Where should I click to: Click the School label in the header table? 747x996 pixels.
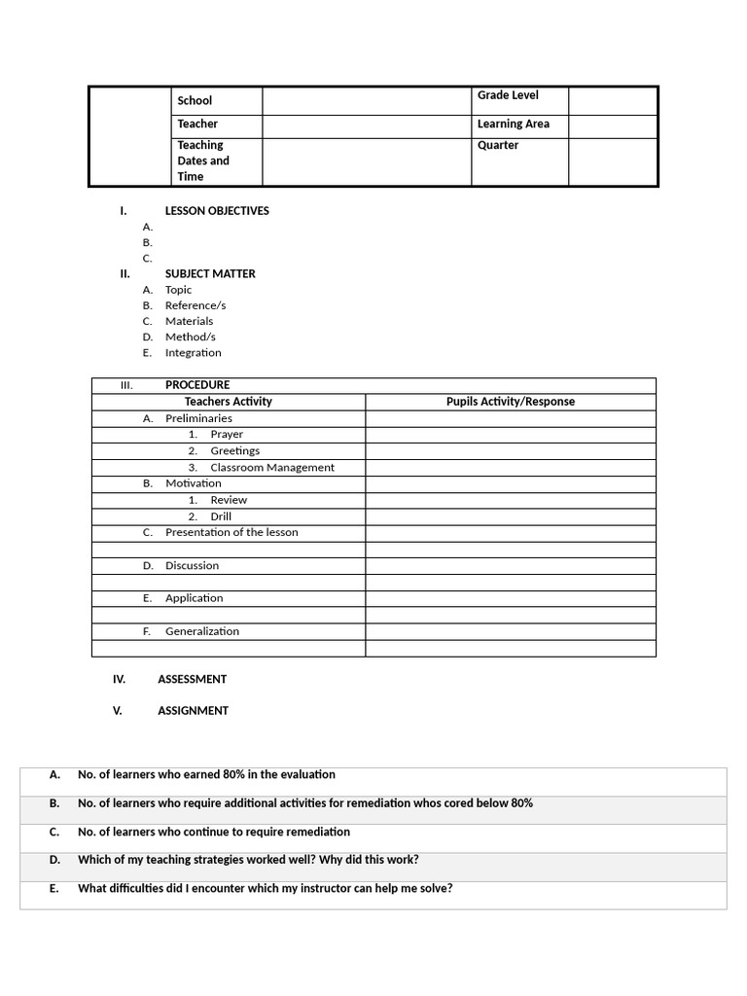(x=195, y=101)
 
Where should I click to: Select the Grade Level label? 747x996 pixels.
(x=508, y=95)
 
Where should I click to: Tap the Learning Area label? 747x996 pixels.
(x=513, y=124)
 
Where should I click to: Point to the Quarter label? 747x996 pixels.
(x=498, y=146)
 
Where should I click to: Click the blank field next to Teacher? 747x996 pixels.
(x=366, y=125)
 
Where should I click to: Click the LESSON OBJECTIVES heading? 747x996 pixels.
(x=217, y=211)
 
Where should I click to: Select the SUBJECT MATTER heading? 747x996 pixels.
(x=210, y=274)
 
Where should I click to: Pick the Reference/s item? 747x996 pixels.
(x=196, y=305)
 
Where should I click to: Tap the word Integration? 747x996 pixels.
(x=194, y=353)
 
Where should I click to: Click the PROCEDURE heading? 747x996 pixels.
(x=197, y=385)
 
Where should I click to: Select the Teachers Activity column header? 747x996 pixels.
(x=229, y=402)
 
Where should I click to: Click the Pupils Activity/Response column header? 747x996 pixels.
(x=511, y=402)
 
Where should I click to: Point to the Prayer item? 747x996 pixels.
(x=227, y=435)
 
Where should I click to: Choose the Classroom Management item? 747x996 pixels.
(x=272, y=468)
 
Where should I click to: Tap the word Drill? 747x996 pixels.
(x=221, y=516)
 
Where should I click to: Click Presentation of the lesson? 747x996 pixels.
(x=231, y=533)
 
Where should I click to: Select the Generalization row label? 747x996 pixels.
(x=202, y=631)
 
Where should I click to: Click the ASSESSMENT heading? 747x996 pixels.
(x=193, y=680)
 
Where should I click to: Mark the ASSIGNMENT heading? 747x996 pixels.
(x=194, y=711)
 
